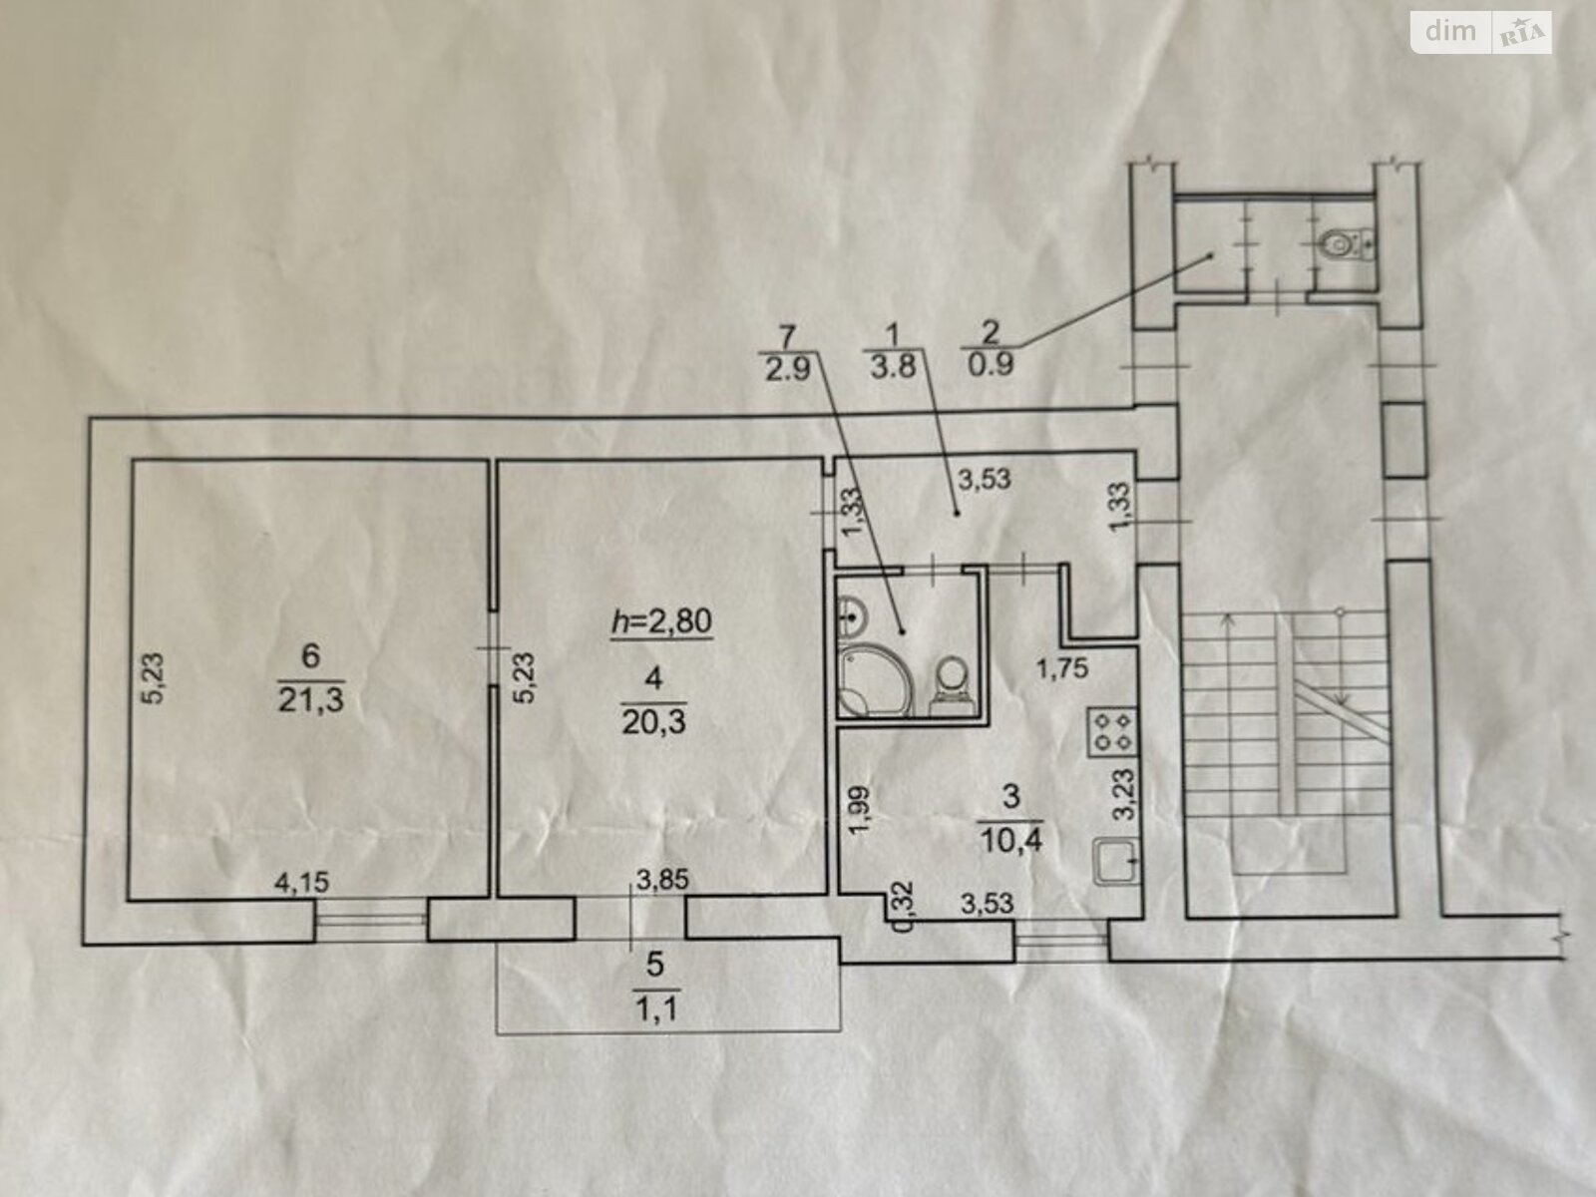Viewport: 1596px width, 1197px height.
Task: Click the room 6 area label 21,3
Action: tap(310, 700)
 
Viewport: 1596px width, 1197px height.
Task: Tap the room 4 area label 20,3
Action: tap(653, 722)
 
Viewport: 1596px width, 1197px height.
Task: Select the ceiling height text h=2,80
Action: tap(661, 621)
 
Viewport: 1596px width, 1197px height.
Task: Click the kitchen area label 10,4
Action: tap(1011, 841)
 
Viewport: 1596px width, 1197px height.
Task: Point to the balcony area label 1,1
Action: tap(655, 1009)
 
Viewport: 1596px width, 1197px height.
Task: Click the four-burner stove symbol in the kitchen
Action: tap(1112, 732)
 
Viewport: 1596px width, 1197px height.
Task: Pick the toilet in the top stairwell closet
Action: tap(1346, 245)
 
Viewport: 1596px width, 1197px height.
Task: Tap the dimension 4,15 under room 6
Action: tap(302, 883)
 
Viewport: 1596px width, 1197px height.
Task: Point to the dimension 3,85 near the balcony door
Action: tap(662, 880)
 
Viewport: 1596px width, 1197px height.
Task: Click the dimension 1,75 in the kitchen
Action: tap(1062, 668)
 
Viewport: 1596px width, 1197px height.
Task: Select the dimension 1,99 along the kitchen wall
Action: tap(859, 809)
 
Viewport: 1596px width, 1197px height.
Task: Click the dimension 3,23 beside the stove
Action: tap(1123, 794)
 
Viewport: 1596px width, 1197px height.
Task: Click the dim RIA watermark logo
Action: tap(1481, 33)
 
